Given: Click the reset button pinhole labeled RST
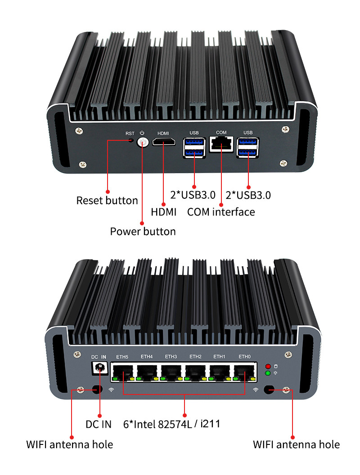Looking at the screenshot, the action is pos(131,140).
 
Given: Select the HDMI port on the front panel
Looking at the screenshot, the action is pos(164,142).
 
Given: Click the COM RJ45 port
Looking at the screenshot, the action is pos(221,144).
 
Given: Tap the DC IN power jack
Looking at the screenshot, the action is pos(99,368).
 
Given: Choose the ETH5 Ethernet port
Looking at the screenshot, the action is pos(123,373).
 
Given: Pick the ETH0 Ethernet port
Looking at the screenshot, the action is pos(244,373).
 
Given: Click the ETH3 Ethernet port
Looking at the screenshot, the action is pos(171,373).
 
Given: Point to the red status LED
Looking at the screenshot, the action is pos(268,367).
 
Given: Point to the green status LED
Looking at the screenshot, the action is pos(268,373).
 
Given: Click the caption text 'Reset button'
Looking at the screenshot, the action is pos(107,201).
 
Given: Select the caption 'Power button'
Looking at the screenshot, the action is pos(143,232).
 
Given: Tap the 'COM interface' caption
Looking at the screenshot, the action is pos(221,212).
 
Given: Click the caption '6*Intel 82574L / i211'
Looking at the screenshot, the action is pos(171,424).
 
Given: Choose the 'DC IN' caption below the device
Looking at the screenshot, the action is pos(99,425).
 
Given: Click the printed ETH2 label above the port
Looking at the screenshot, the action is pos(195,357).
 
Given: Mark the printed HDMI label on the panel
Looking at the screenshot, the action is pos(163,133).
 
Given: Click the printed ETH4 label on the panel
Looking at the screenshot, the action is pos(147,357).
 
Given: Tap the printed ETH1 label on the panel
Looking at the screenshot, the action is pos(220,357).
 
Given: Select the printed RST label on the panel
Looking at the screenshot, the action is pos(130,133).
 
